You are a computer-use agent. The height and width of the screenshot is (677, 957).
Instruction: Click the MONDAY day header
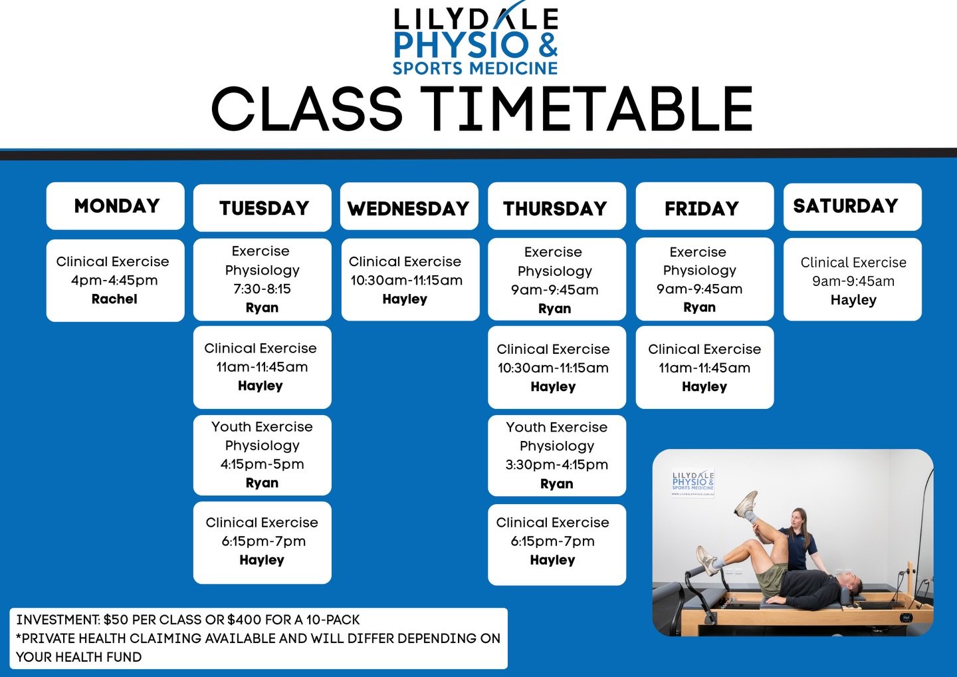116,206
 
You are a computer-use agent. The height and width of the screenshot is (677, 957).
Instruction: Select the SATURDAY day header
845,206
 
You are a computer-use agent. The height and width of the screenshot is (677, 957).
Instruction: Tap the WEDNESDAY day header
409,209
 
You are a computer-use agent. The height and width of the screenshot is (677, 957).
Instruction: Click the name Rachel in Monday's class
114,299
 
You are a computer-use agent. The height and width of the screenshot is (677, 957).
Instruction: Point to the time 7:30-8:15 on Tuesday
262,289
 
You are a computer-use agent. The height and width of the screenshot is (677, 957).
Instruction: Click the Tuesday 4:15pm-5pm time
262,464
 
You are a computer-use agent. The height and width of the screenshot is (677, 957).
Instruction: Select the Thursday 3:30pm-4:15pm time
557,465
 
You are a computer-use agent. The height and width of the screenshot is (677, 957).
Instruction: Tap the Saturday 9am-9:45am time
853,281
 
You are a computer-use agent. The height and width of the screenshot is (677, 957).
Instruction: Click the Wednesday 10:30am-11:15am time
406,281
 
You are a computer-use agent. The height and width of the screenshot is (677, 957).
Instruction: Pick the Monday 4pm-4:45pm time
114,281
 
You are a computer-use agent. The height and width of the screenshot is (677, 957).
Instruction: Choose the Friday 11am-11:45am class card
704,367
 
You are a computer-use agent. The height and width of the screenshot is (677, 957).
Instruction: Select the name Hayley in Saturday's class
853,300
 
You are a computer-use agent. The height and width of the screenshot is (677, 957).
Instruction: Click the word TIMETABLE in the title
587,110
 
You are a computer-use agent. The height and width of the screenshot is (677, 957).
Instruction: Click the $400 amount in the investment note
244,620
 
